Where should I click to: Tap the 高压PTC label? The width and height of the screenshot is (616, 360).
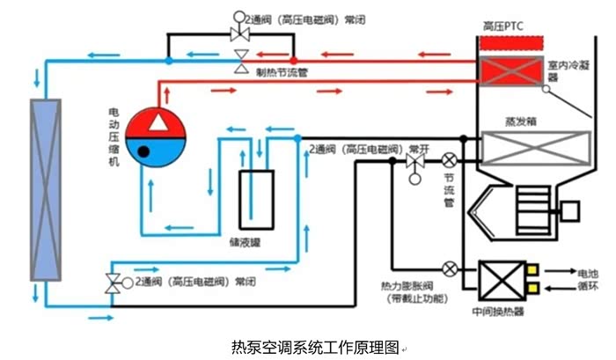[x=504, y=26]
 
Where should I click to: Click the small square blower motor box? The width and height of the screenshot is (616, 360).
[x=567, y=210]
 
